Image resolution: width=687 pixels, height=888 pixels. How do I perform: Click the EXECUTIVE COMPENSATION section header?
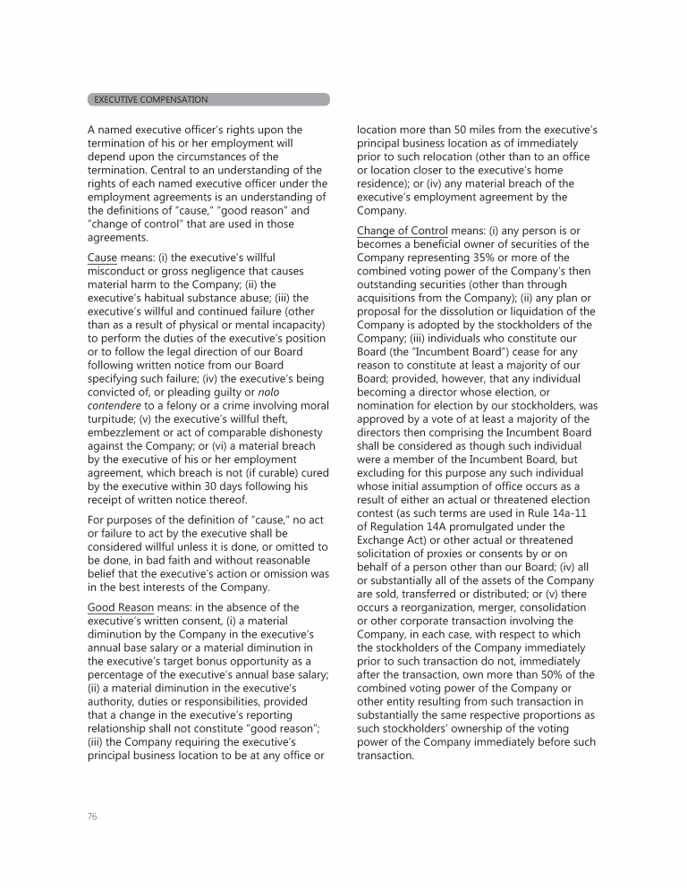pyautogui.click(x=151, y=99)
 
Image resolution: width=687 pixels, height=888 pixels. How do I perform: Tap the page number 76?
pyautogui.click(x=92, y=816)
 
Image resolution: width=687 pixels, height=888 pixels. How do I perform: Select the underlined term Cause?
pyautogui.click(x=102, y=258)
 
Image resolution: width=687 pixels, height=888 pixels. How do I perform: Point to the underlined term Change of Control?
pyautogui.click(x=402, y=231)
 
